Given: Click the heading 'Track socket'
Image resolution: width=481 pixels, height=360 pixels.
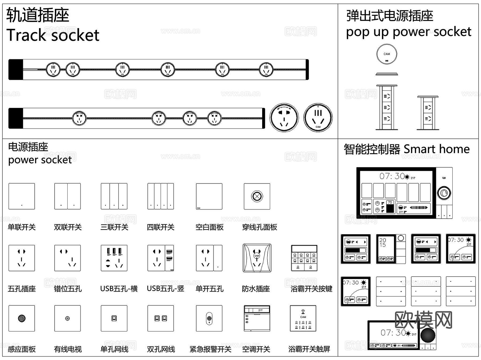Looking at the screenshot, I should (53, 35).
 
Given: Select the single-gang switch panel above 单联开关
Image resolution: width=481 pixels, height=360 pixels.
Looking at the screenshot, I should (22, 196).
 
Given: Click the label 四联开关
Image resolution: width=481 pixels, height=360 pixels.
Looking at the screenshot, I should (160, 227).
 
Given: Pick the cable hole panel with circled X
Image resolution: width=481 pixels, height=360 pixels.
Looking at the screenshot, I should (257, 196).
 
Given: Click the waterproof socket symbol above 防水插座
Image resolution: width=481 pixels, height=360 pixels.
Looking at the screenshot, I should (257, 258).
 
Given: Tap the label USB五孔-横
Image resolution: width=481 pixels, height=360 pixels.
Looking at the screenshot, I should (119, 289).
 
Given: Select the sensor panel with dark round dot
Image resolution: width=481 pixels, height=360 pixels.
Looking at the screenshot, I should (22, 318).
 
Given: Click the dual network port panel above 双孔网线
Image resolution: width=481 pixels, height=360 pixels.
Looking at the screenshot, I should (161, 318).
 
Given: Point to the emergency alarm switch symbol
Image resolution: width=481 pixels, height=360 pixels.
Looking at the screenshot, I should (209, 318).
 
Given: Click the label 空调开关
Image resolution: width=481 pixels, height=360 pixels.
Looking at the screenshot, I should (256, 349).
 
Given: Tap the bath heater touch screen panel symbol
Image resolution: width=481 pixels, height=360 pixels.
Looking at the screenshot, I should (303, 318).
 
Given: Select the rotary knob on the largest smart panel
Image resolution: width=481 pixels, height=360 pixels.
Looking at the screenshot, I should (444, 193).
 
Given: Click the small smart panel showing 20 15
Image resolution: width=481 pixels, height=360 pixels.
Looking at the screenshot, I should (391, 249).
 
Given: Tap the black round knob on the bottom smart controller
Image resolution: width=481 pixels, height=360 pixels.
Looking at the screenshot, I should (428, 335).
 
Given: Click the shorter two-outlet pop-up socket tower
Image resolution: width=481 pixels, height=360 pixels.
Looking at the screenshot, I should (428, 113).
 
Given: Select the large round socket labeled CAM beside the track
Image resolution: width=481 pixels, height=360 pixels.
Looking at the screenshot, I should (318, 118).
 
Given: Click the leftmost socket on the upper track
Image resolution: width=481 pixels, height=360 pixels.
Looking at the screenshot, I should (53, 69).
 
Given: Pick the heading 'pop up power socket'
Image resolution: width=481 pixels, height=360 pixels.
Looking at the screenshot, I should (408, 32).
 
